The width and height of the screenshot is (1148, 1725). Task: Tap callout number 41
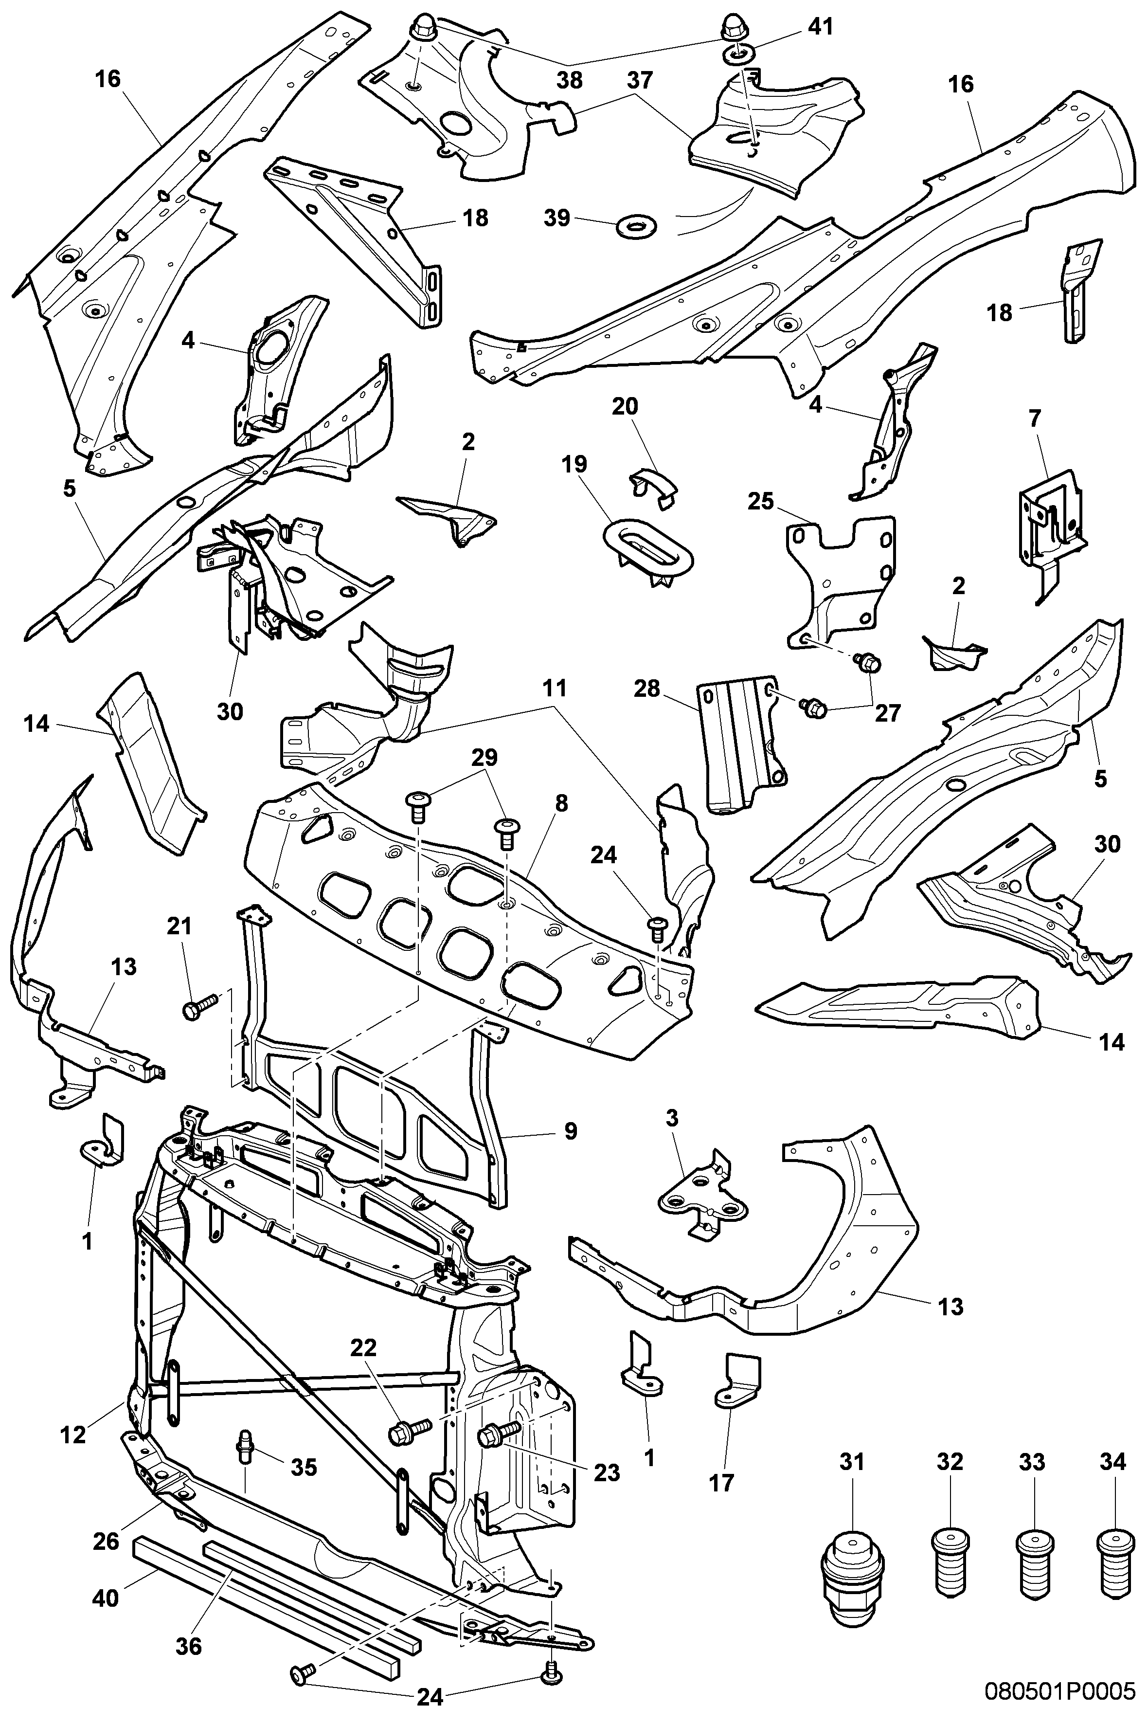point(821,28)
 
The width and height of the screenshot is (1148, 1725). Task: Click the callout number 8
point(561,804)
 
